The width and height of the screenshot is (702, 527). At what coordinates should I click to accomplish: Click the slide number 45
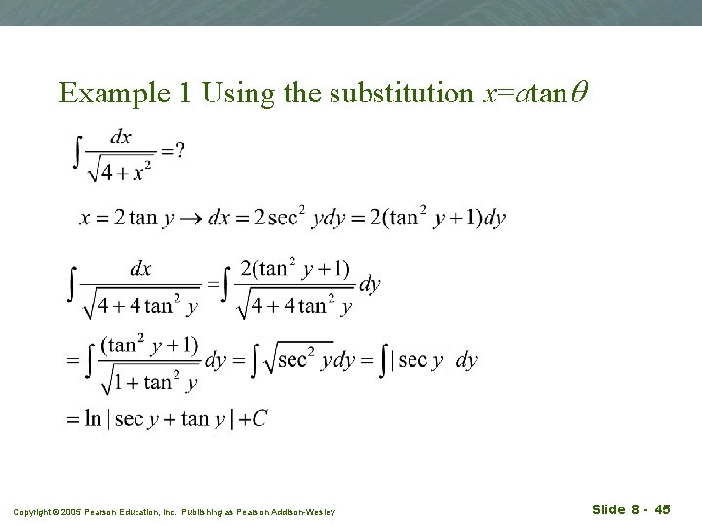[662, 509]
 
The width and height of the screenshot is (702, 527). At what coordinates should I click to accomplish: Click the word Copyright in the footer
[30, 512]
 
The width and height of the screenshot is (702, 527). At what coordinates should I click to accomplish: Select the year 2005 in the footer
[64, 512]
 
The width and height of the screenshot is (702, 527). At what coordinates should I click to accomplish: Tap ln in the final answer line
[94, 419]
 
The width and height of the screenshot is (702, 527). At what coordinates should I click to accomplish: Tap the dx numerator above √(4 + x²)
[121, 138]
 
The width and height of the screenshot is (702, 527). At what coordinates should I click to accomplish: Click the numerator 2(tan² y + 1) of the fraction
[294, 269]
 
